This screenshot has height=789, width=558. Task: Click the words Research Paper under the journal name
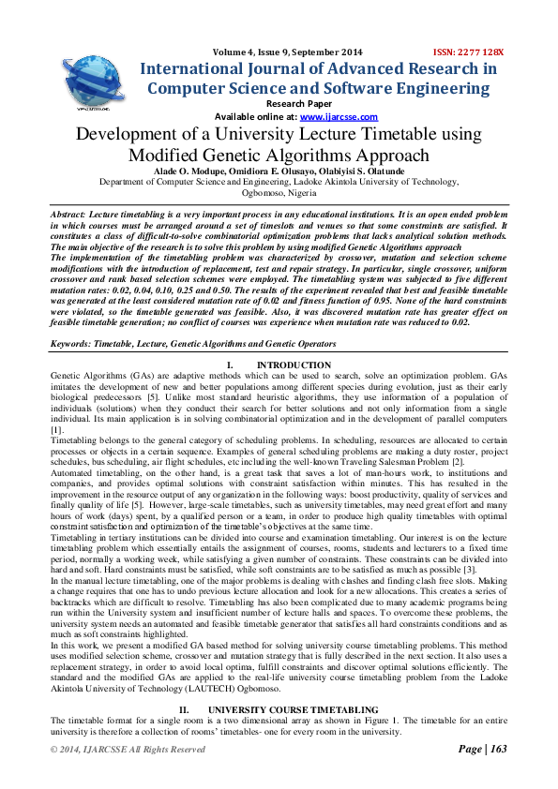[294, 103]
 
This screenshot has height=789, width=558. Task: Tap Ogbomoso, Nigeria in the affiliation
[279, 194]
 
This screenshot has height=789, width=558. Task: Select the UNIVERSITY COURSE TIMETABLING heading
[294, 711]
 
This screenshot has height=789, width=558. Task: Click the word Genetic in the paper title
[259, 156]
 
